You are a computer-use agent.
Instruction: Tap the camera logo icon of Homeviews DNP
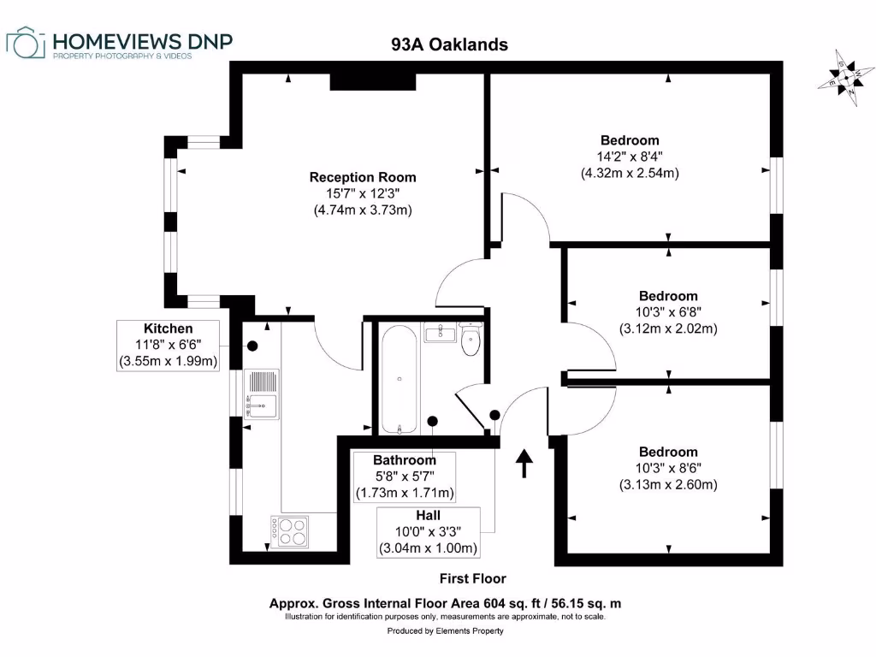[x=27, y=44]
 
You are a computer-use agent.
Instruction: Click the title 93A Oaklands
[x=444, y=44]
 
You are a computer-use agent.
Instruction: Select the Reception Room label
[x=363, y=177]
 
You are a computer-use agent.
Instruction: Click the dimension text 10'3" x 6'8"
[x=667, y=312]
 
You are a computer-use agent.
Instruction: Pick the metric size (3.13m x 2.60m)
[x=667, y=484]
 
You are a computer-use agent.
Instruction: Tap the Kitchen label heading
[x=169, y=328]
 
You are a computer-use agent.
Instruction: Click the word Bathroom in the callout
[x=405, y=460]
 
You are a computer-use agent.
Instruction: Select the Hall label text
[x=428, y=515]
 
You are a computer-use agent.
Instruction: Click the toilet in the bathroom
[x=470, y=340]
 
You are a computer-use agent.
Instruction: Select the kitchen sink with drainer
[x=262, y=393]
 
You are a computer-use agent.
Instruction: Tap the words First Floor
[x=472, y=578]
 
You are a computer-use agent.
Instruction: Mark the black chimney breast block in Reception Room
[x=373, y=80]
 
